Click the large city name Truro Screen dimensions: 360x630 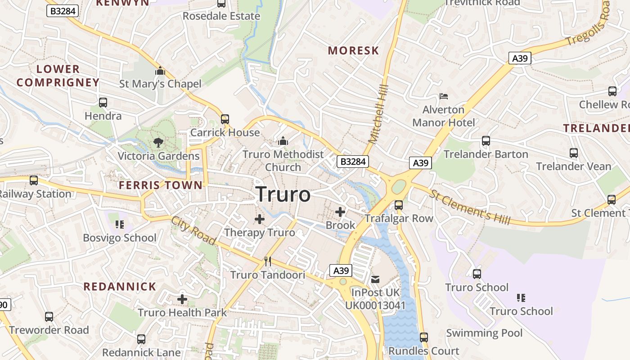coord(283,194)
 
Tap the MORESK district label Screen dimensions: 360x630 coord(353,50)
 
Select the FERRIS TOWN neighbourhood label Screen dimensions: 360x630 coord(161,185)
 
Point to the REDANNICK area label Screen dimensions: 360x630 coord(120,287)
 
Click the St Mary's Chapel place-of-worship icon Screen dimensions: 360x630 coord(160,71)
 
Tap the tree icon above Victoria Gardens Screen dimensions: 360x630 coord(158,143)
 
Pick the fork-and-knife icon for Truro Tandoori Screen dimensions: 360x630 coord(268,261)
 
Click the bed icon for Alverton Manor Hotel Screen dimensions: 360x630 coord(444,96)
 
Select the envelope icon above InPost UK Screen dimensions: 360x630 coord(375,279)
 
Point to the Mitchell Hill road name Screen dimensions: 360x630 coord(378,114)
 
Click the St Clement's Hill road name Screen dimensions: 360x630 coord(470,207)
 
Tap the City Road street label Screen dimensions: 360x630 coord(193,230)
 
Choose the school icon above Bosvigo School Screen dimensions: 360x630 coord(119,224)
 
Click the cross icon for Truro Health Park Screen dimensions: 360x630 coord(182,299)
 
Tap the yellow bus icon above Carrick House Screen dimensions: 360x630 coord(225,119)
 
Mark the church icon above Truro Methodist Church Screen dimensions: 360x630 coord(283,141)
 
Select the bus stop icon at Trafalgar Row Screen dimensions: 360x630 coord(399,205)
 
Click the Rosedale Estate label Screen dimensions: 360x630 coord(221,16)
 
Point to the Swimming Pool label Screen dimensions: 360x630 coord(484,333)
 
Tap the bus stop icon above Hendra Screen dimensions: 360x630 coord(103,103)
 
